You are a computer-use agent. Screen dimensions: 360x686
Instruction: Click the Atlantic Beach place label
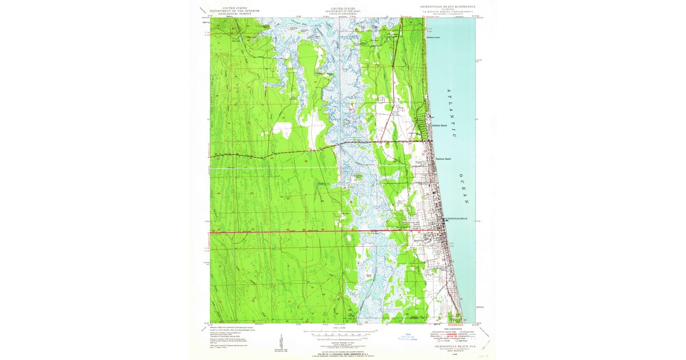click(x=440, y=125)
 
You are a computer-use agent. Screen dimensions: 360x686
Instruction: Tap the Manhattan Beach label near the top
click(x=434, y=38)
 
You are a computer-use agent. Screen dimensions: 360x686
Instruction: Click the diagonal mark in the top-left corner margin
click(x=203, y=10)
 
